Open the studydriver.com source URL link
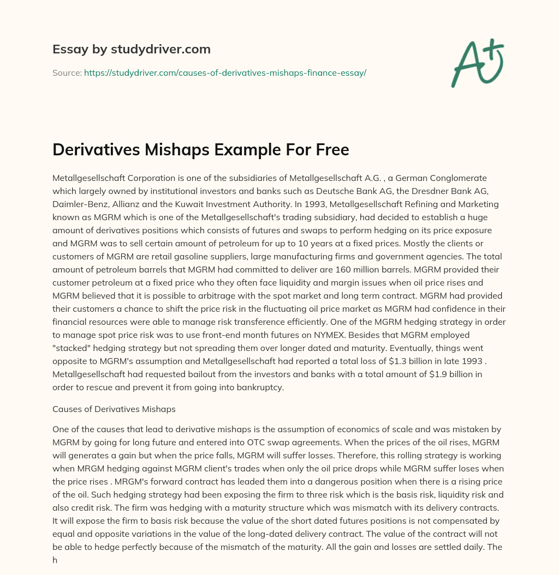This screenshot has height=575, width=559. click(225, 72)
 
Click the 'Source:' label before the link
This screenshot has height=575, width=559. click(67, 72)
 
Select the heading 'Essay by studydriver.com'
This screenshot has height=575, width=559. click(131, 50)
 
